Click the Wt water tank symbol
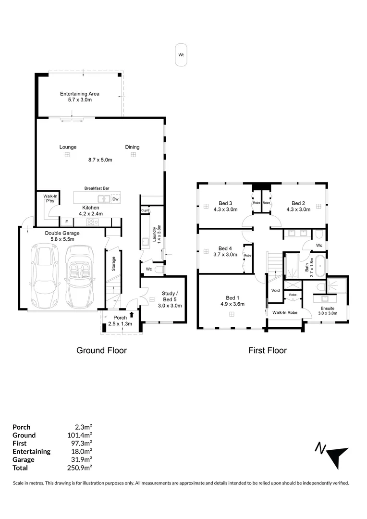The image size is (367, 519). click(x=181, y=55)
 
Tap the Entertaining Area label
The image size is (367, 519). click(x=80, y=94)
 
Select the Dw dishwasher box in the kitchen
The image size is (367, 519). click(x=115, y=199)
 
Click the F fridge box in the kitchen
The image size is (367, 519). click(x=66, y=222)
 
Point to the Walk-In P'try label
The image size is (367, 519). click(x=50, y=198)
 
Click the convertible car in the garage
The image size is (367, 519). click(x=79, y=277)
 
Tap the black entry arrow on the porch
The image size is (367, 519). click(x=132, y=314)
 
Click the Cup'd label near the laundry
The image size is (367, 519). click(x=145, y=210)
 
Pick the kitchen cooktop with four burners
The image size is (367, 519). click(x=92, y=222)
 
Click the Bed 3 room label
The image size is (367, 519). click(x=225, y=203)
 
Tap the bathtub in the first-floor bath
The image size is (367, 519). click(x=320, y=265)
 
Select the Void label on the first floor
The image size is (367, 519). click(x=276, y=290)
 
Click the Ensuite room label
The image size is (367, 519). click(x=328, y=308)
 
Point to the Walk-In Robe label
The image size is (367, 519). click(x=285, y=312)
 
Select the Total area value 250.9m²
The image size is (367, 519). click(x=79, y=468)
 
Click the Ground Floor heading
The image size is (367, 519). click(x=101, y=350)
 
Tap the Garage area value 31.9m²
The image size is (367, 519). click(x=81, y=459)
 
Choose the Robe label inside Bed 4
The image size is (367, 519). click(x=248, y=256)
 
